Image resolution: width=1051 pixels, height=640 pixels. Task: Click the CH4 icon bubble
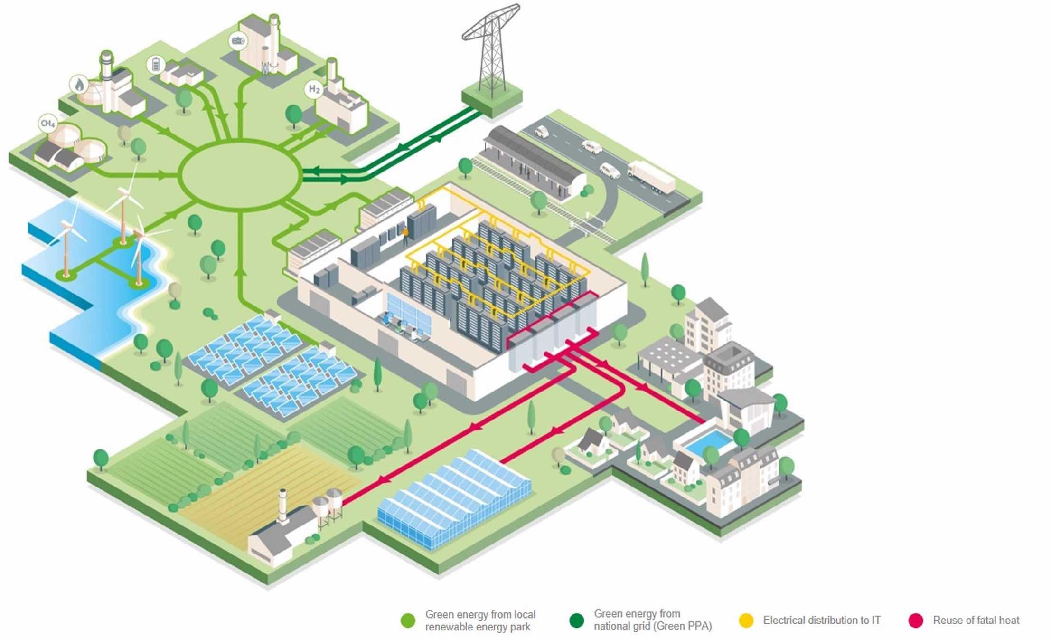coord(48,124)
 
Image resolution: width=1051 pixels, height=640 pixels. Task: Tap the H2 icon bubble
coord(314,89)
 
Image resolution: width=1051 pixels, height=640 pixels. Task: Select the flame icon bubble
coord(79,85)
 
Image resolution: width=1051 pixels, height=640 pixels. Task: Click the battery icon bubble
coord(156,64)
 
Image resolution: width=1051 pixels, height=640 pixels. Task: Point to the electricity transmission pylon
coord(492,52)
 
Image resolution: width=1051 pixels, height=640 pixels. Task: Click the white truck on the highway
coord(651,177)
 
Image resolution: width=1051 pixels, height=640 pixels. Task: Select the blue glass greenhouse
coord(455,499)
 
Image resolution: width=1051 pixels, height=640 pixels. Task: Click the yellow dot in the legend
coord(746,621)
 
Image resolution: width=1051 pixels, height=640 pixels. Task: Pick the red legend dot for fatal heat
coord(915,621)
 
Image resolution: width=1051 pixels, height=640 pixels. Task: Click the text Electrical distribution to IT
coord(822,621)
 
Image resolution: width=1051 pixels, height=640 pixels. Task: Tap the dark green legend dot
coord(576,621)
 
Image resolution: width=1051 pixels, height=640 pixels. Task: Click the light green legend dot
coord(408,621)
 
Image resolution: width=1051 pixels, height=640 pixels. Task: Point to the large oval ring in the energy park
coord(240,175)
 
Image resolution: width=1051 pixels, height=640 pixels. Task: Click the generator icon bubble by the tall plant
coord(237,41)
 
